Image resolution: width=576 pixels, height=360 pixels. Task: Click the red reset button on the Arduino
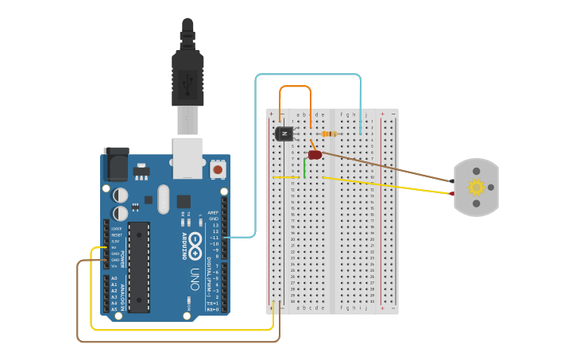pos(218,169)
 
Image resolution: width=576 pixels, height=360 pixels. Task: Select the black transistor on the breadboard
pos(284,134)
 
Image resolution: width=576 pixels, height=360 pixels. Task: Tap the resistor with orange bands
pos(329,134)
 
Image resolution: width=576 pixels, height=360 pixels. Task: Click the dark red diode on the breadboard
pos(315,154)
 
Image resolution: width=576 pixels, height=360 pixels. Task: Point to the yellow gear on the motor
pos(476,188)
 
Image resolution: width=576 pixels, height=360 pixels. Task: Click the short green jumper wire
pos(303,168)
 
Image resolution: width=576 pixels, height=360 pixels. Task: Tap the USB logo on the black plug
pos(188,81)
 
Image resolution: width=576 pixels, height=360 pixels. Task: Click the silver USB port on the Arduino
pos(188,157)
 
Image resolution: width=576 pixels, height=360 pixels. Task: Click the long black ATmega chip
pos(139,267)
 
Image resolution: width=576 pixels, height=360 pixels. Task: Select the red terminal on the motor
pos(452,193)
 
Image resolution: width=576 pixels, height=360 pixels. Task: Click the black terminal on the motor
pos(452,181)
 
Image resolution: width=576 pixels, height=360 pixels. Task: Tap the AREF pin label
pos(213,213)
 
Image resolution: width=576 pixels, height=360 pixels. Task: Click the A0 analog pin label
pos(114,278)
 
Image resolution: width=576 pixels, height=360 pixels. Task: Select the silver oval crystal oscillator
pos(164,199)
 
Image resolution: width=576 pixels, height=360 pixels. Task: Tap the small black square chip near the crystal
pos(184,202)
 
